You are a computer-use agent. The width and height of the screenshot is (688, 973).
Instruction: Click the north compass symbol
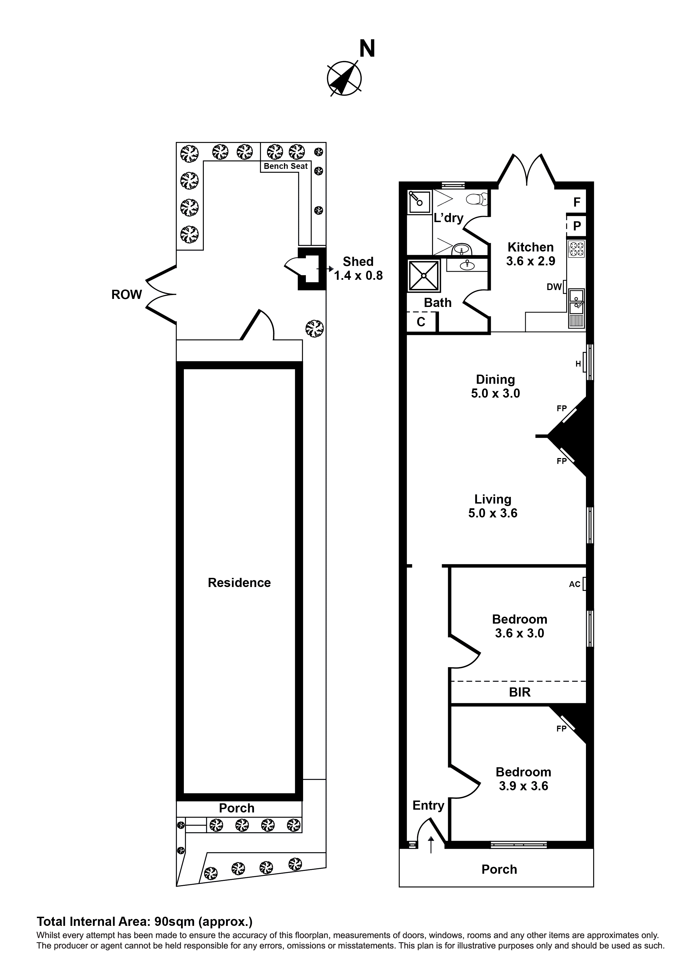(344, 78)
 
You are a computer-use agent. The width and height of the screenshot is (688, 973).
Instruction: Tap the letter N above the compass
(367, 49)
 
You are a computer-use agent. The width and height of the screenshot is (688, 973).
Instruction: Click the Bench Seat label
(285, 166)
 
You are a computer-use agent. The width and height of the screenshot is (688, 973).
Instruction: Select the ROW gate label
(126, 294)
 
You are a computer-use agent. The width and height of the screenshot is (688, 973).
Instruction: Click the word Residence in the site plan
(239, 583)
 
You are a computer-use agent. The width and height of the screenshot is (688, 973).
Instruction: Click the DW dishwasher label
(554, 287)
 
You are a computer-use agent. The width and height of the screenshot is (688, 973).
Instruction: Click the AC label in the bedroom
(574, 585)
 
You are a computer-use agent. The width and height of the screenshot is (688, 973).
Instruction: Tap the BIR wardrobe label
(519, 692)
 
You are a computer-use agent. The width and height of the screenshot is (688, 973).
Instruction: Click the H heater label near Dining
(578, 364)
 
